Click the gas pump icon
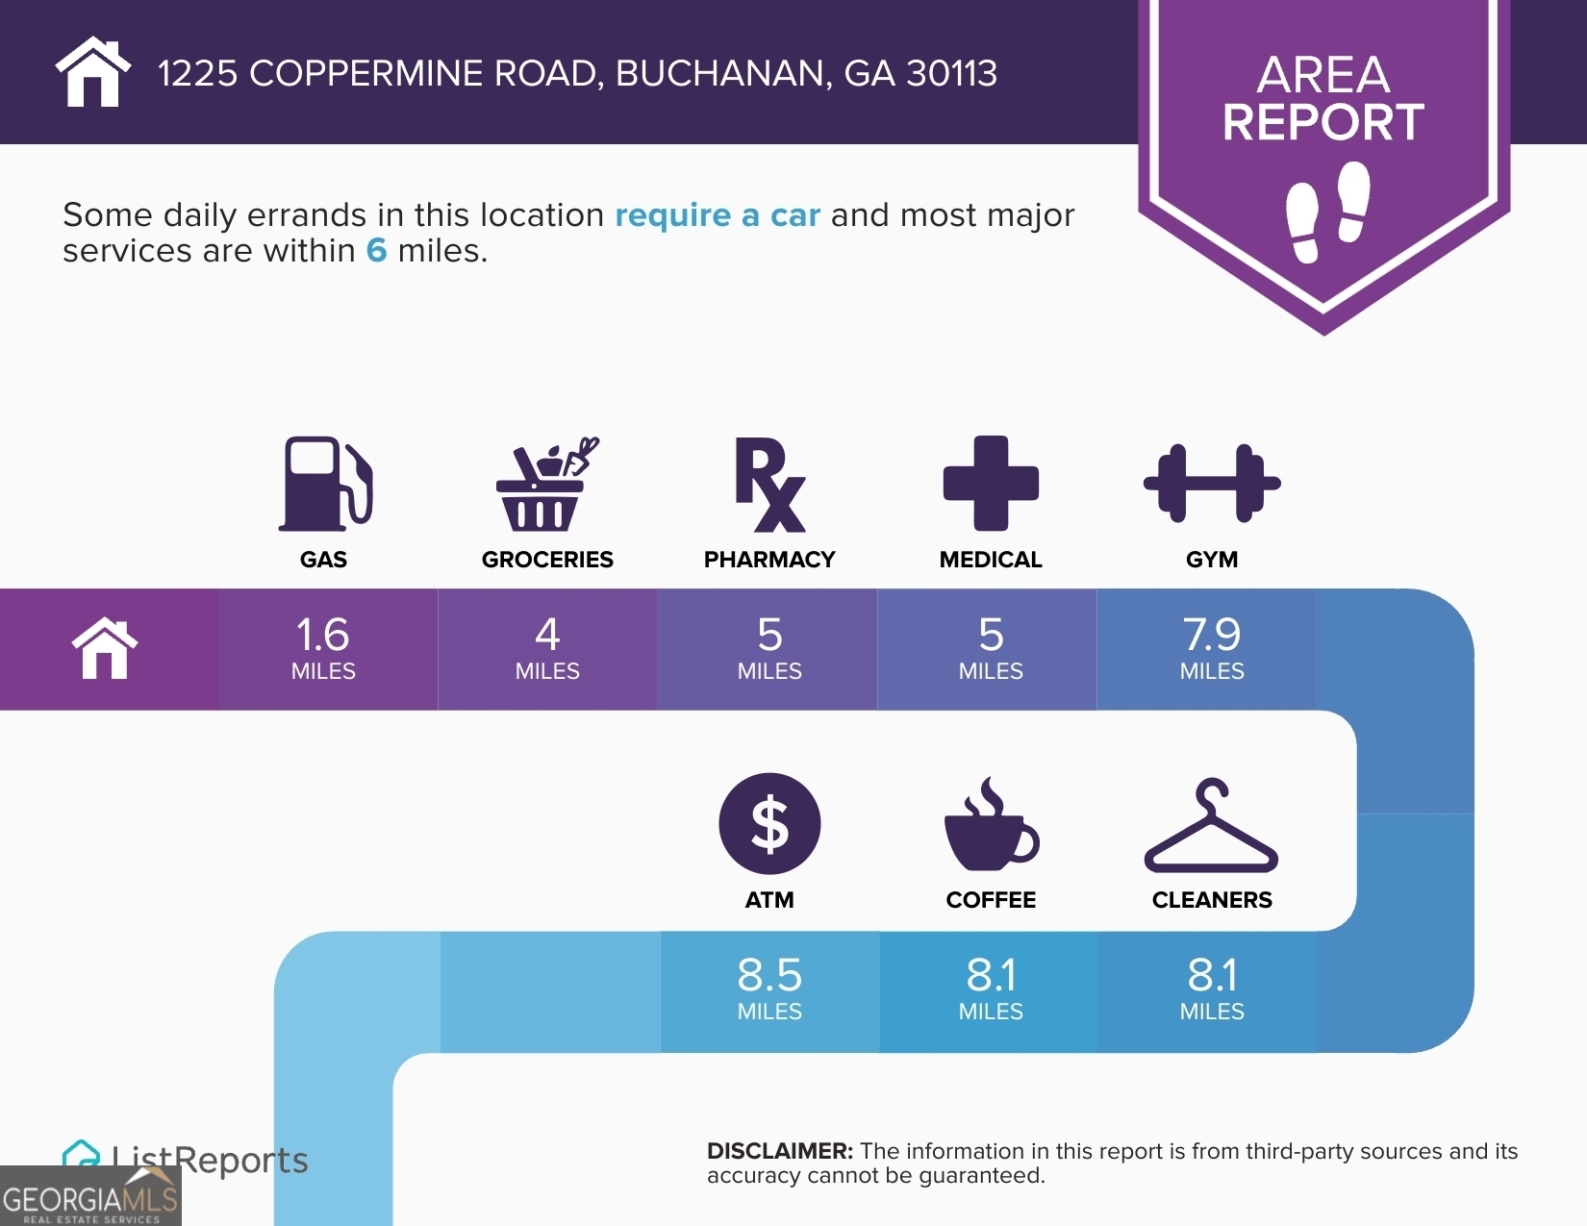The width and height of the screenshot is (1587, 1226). tap(325, 484)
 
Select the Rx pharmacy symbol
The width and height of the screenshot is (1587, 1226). tap(769, 484)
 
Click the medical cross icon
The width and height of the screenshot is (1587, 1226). tap(991, 483)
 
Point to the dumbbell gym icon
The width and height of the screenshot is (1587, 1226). tap(1212, 483)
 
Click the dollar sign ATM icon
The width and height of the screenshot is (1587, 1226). tap(769, 824)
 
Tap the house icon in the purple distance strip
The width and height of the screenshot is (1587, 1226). tap(105, 649)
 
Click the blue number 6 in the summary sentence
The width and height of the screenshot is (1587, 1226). tap(376, 251)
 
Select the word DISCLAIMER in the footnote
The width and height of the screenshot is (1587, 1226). tap(779, 1151)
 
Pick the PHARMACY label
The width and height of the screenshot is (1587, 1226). tap(769, 560)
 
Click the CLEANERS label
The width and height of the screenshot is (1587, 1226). tap(1212, 900)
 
